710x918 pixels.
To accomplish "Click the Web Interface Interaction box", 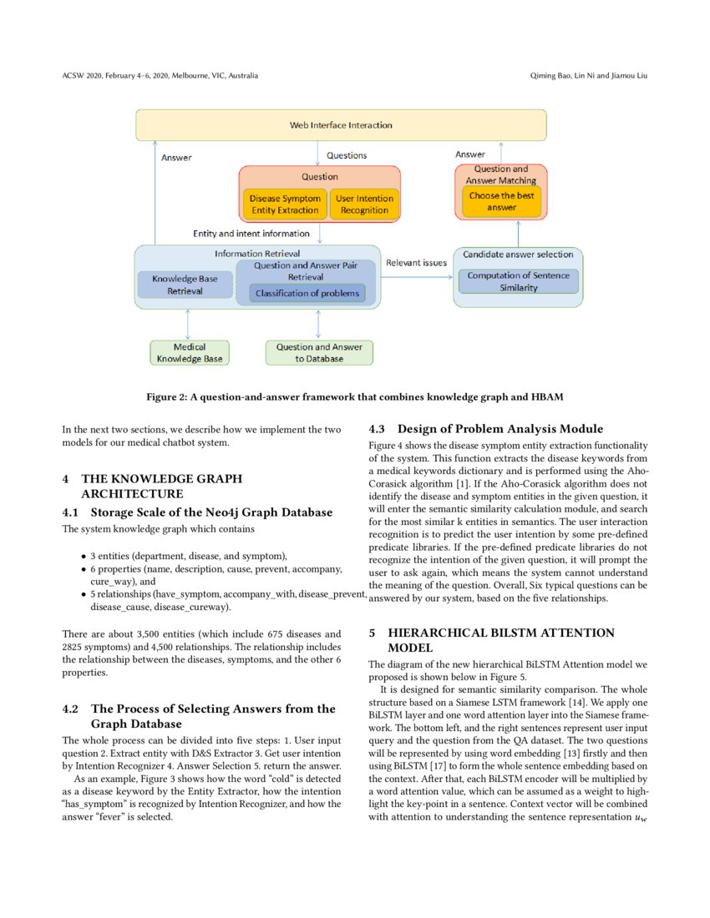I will [341, 125].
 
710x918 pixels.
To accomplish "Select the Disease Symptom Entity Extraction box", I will [285, 204].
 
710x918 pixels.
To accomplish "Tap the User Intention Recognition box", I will [363, 204].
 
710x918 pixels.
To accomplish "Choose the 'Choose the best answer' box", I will [501, 201].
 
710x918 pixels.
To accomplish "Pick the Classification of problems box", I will [307, 293].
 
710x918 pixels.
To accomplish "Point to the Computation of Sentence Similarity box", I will [518, 281].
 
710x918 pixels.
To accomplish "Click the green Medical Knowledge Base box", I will [190, 353].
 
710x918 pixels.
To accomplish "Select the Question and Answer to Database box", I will [318, 353].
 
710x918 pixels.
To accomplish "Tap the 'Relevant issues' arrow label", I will [416, 263].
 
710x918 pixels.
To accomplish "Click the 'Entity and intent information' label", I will [251, 234].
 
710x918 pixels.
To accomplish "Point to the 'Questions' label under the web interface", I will [346, 155].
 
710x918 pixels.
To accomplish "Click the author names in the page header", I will [589, 76].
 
